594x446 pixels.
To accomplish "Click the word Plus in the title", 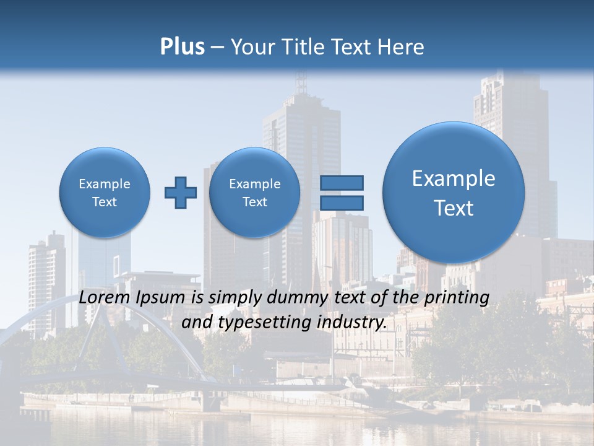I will (x=182, y=47).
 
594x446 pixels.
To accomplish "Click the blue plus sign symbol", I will (x=181, y=193).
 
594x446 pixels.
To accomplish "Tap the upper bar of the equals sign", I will (x=342, y=183).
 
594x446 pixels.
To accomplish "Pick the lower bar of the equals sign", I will (x=342, y=203).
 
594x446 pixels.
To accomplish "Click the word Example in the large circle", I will (x=454, y=178).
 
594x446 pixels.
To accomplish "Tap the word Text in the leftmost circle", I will (x=105, y=202).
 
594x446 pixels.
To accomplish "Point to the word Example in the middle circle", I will (x=254, y=184).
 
